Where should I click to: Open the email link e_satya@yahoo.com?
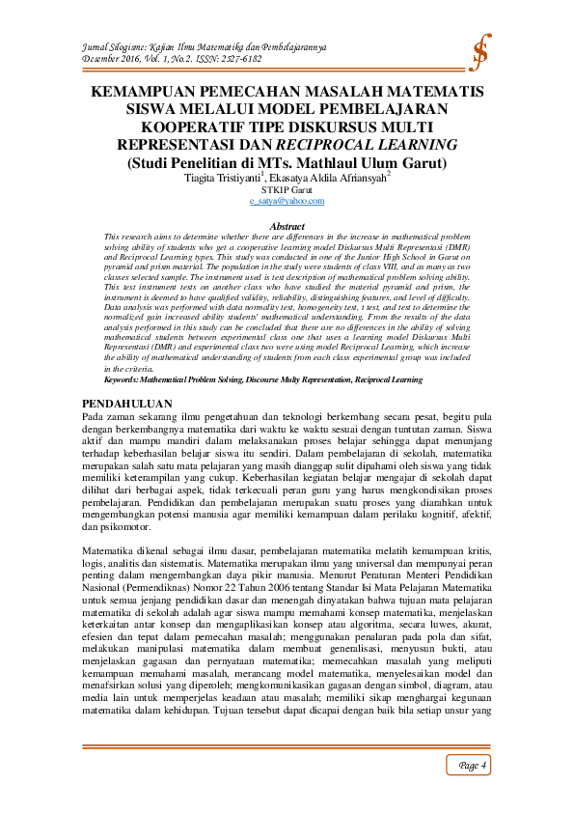(286, 201)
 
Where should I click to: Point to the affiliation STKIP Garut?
(286, 190)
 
